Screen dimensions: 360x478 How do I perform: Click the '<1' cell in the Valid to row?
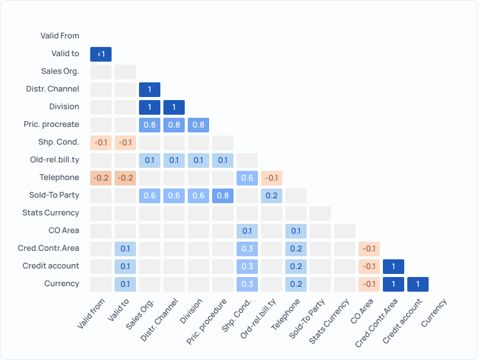tap(101, 54)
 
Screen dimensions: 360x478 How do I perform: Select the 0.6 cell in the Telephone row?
tap(247, 178)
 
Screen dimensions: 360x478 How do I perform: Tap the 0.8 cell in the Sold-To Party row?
tap(223, 196)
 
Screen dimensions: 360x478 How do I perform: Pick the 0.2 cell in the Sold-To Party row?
tap(271, 196)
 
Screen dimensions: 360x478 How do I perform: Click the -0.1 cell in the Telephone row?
tap(271, 178)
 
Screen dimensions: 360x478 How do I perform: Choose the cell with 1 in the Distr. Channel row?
tap(149, 90)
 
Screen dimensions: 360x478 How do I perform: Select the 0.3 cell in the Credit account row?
tap(247, 267)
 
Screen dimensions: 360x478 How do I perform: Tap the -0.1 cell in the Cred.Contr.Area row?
tap(369, 249)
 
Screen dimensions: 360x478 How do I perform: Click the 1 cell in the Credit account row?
tap(393, 267)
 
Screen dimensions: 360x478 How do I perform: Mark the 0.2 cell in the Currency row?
tap(296, 284)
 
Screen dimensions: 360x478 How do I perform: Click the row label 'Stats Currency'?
tap(51, 213)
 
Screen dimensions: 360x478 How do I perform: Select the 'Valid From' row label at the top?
tap(60, 36)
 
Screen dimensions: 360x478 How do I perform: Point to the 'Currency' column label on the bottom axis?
tap(433, 312)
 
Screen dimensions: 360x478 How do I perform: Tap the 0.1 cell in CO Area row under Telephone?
tap(296, 231)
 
